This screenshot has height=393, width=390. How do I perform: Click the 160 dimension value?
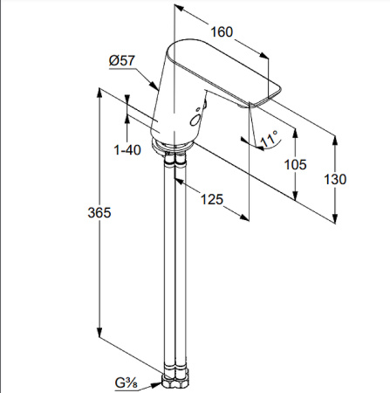pos(222,32)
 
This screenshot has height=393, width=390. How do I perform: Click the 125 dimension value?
pos(209,198)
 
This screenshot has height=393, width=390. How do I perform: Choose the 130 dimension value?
pos(335,179)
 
